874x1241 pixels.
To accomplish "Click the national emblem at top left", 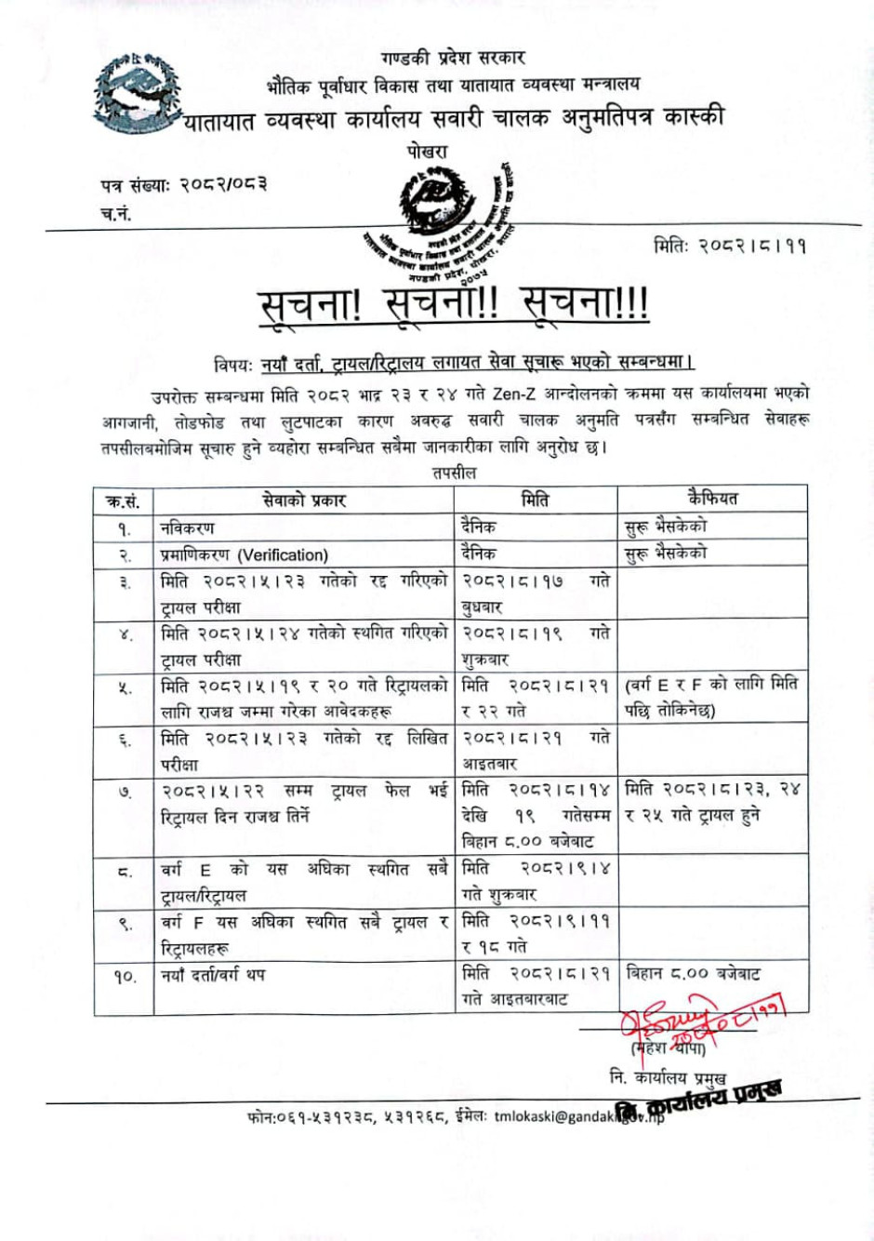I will coord(136,93).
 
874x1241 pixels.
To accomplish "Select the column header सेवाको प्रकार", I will coord(304,500).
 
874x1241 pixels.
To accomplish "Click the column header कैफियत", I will coord(712,499).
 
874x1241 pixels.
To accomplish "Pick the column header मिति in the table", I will coord(535,500).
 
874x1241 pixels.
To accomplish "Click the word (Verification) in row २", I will coord(283,555).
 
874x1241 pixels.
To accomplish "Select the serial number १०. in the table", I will coord(125,977).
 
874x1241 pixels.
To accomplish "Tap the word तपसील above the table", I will coord(454,474).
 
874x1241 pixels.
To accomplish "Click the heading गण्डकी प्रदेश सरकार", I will coord(453,58).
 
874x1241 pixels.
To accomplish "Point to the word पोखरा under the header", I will coord(427,151).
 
